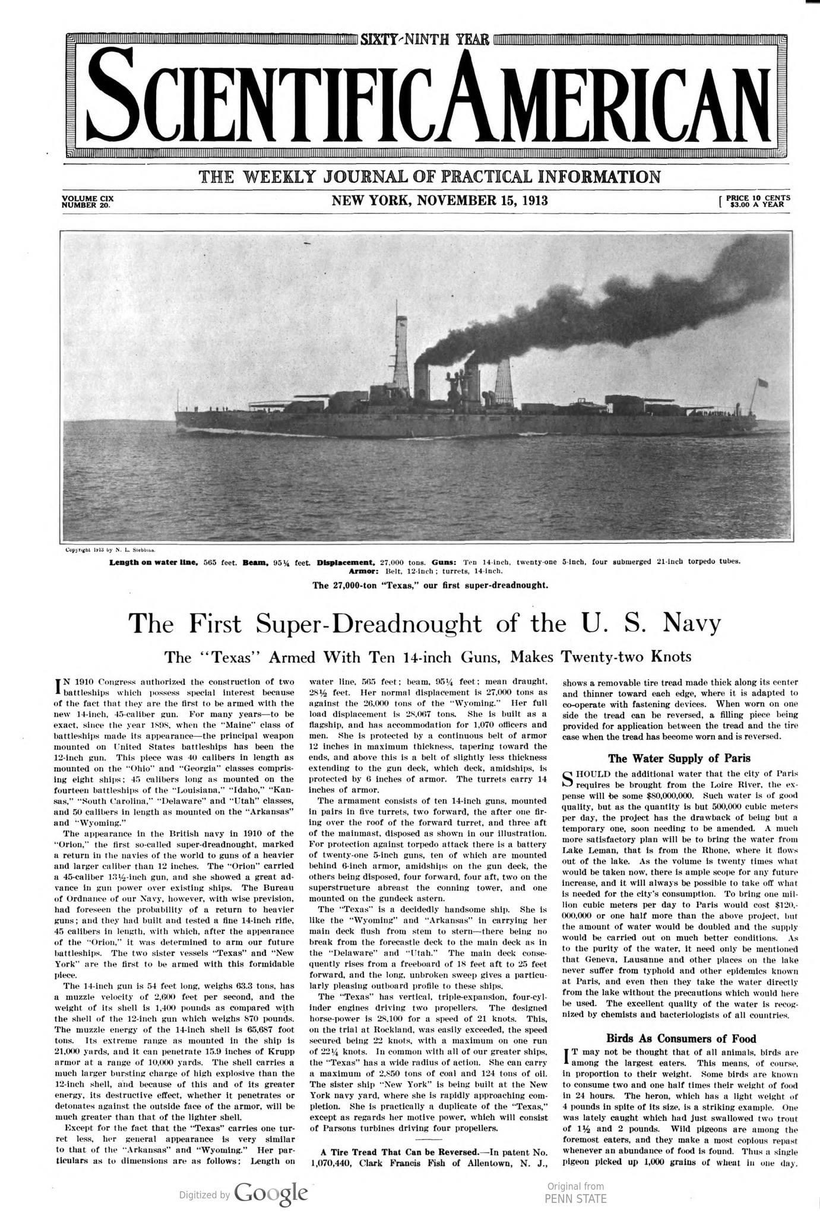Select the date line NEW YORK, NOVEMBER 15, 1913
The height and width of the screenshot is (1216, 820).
click(x=439, y=201)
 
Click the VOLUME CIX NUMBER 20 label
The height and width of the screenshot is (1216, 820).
click(x=87, y=201)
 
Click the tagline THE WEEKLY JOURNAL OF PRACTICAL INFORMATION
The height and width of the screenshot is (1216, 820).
click(x=429, y=176)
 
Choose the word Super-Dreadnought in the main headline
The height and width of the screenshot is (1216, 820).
click(x=362, y=623)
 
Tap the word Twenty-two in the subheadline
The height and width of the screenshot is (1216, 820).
click(x=604, y=657)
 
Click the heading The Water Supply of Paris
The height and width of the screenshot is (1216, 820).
click(x=679, y=758)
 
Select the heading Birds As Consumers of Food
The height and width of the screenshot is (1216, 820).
click(x=681, y=1038)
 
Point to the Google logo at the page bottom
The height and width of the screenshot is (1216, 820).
click(x=271, y=1176)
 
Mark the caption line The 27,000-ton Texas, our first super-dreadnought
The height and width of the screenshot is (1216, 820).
click(x=430, y=585)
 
